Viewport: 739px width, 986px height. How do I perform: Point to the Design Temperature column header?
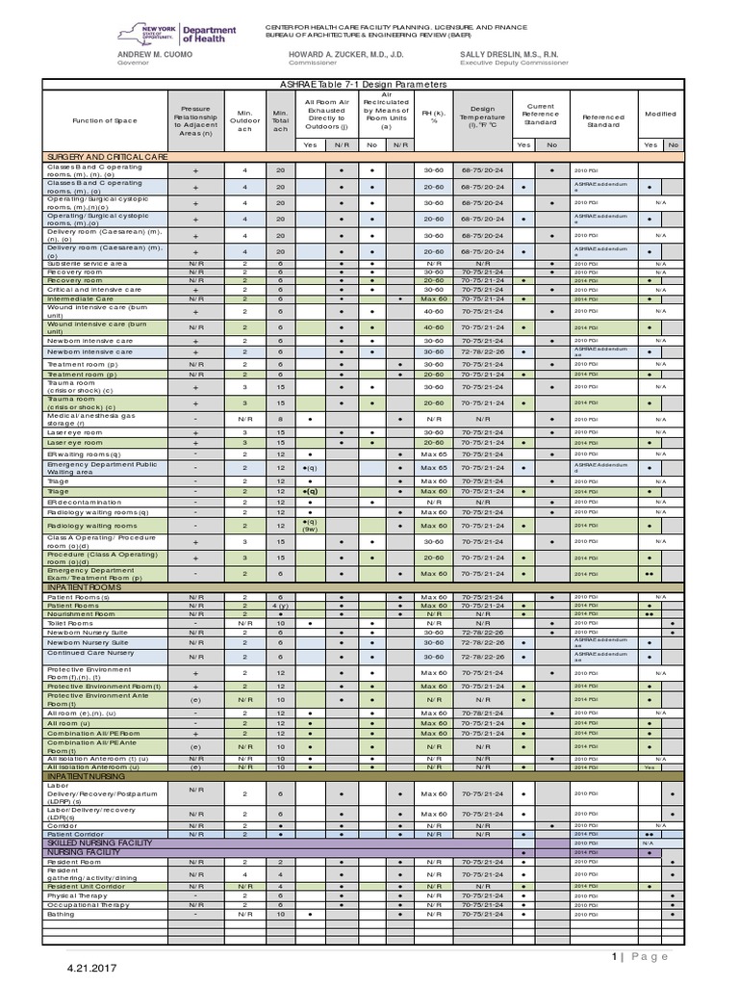pos(482,117)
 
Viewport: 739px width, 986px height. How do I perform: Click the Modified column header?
pos(660,113)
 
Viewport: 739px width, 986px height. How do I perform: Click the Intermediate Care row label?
pos(81,298)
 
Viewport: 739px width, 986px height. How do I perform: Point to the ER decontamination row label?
pos(85,502)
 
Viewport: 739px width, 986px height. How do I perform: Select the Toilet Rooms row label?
pos(69,623)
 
